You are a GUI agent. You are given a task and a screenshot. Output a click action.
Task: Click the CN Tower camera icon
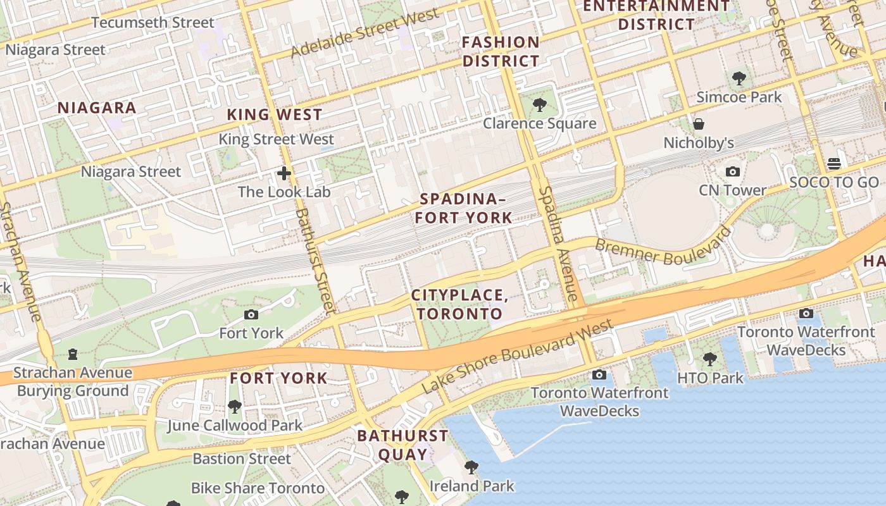(x=733, y=171)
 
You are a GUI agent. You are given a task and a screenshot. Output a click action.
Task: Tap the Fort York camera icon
(x=251, y=314)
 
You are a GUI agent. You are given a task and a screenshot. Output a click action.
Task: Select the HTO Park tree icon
(x=709, y=359)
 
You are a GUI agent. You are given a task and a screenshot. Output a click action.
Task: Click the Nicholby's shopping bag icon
(x=699, y=124)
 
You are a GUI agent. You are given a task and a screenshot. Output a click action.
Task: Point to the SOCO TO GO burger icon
(x=833, y=164)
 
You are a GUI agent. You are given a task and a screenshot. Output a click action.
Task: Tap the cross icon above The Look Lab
(x=284, y=173)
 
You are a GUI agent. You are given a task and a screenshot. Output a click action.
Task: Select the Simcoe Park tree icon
(x=739, y=79)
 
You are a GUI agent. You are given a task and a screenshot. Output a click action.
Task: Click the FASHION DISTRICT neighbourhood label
(x=501, y=52)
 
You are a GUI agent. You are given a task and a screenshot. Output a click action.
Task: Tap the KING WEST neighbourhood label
(x=275, y=114)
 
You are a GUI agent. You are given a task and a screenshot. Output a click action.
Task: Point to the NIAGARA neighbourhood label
(x=97, y=108)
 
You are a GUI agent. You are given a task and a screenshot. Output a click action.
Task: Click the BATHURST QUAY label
(x=402, y=445)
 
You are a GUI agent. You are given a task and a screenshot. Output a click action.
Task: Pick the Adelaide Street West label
(x=365, y=34)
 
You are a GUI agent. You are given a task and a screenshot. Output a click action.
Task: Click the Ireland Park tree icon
(x=471, y=467)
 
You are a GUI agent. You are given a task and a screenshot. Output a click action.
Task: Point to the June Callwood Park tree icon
(x=235, y=406)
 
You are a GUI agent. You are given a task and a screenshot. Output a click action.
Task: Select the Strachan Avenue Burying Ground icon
(x=73, y=354)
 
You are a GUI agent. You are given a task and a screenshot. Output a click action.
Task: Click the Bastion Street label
(x=241, y=458)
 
